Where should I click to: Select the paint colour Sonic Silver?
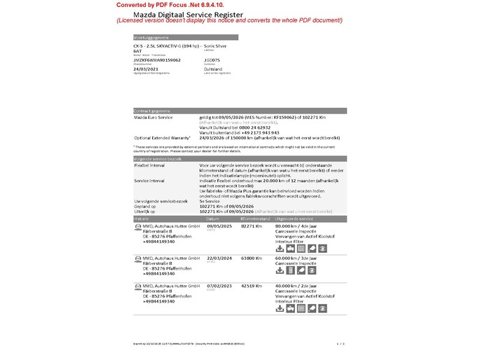point(215,46)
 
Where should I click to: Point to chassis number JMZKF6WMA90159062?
point(157,60)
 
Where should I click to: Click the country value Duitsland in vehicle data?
point(214,69)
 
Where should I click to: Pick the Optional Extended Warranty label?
point(162,138)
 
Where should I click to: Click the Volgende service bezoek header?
point(158,159)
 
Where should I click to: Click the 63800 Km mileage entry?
point(252,258)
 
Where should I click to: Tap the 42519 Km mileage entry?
point(252,286)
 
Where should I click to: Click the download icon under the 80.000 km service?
point(280,248)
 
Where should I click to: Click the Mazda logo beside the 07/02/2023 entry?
point(137,286)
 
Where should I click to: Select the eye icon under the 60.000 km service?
point(313,270)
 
